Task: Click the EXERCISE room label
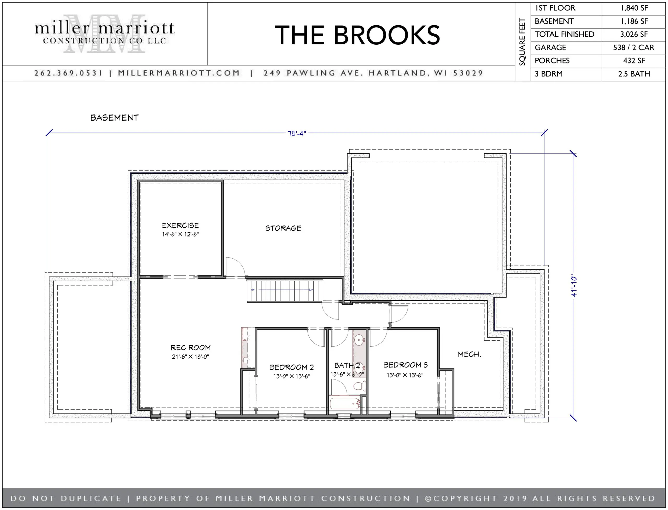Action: pos(180,225)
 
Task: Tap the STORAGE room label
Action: pos(283,228)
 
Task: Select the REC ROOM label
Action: pos(190,348)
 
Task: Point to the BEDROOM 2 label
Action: pos(292,367)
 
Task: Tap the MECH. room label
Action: pos(469,354)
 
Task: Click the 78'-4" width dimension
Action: pos(296,134)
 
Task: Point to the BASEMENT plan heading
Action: pos(114,118)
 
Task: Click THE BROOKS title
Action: pos(357,35)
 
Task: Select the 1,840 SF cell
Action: pos(634,8)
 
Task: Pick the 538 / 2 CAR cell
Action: pos(634,48)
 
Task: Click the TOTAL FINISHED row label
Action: pos(564,34)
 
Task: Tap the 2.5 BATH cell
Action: pos(634,74)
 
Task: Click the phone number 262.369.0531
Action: pos(69,73)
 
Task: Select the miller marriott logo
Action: pos(104,33)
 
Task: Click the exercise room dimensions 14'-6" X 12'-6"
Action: pos(180,234)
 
